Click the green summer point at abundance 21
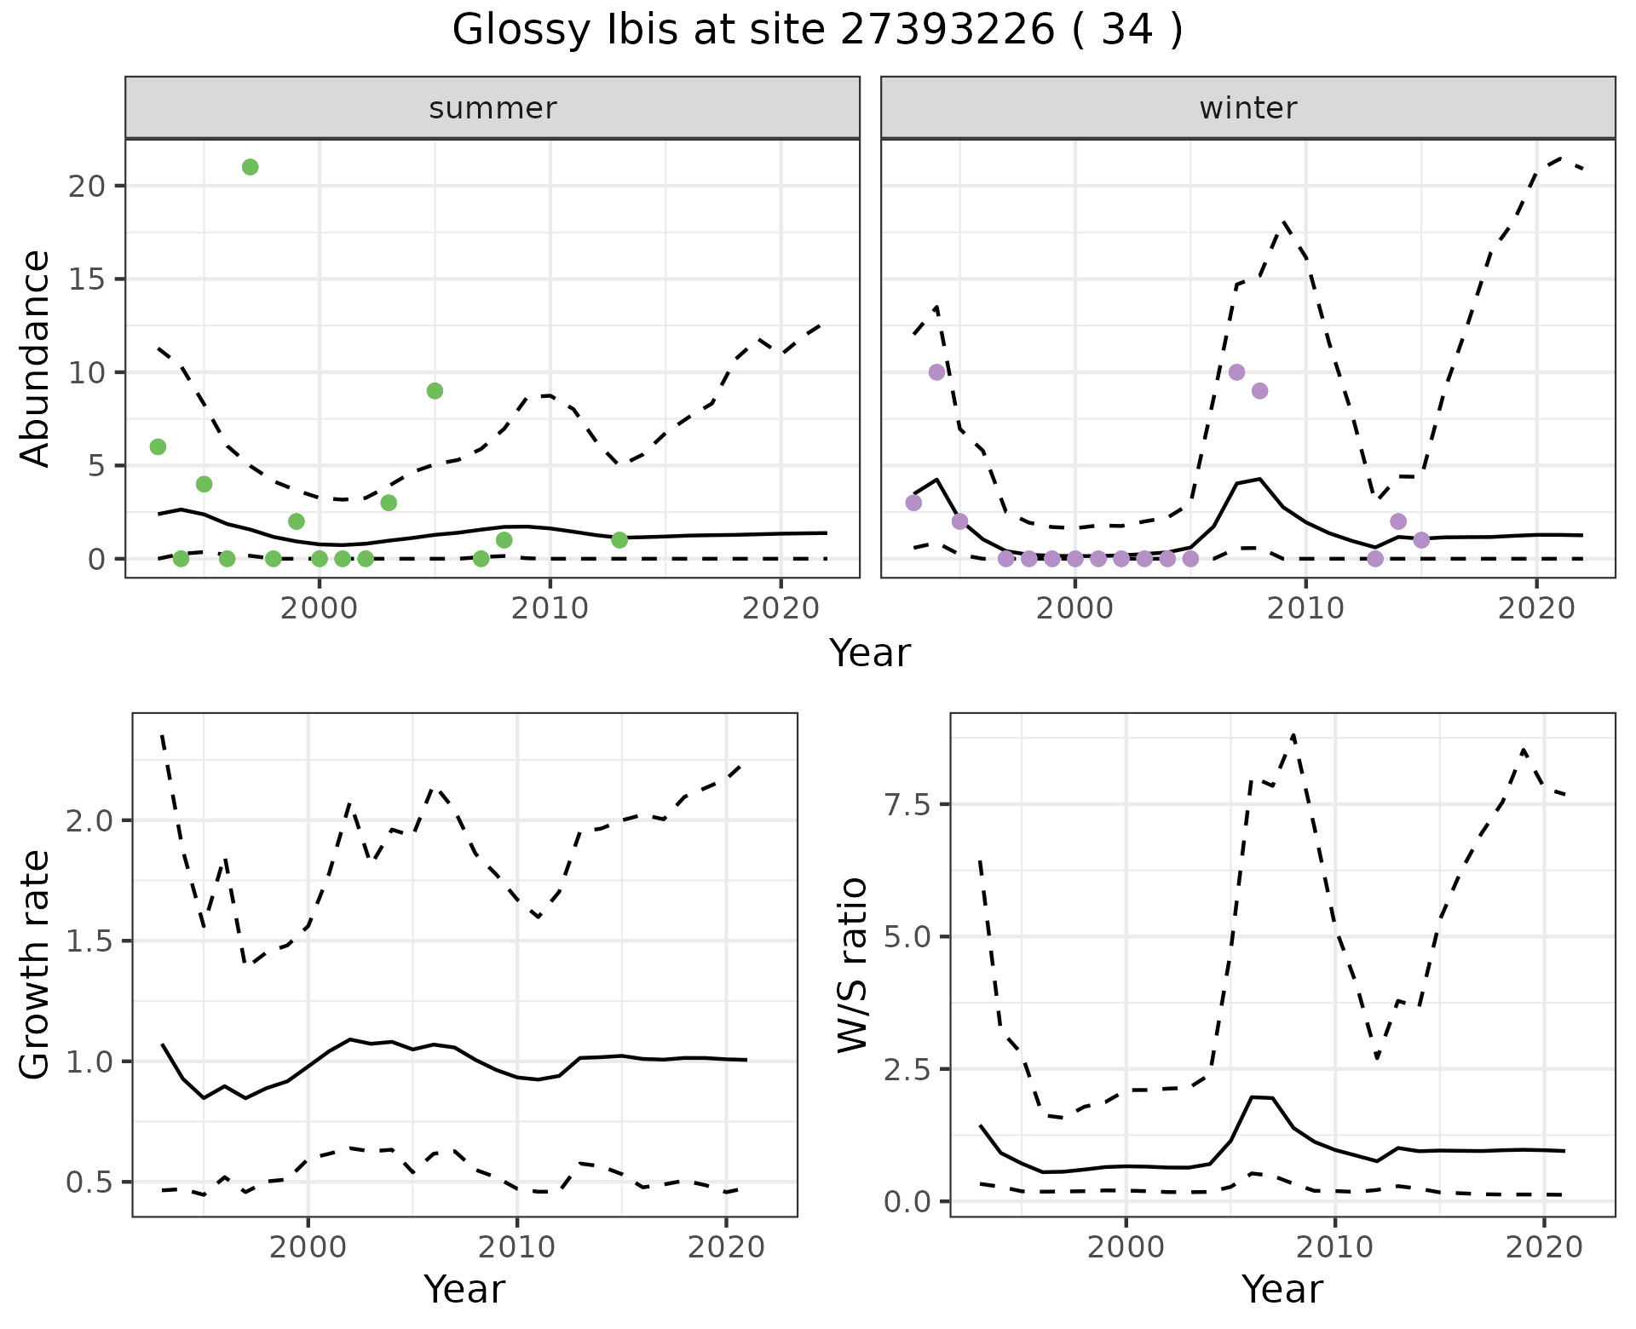point(250,167)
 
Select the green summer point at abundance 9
point(435,391)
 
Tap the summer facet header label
point(493,108)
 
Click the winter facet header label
point(1247,108)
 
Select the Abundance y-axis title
point(35,358)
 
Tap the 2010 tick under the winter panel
point(1305,608)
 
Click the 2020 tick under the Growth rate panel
point(726,1248)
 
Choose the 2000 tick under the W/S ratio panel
point(1126,1248)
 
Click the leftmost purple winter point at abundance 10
point(936,372)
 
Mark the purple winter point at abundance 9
point(1259,391)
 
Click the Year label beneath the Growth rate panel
point(464,1290)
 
